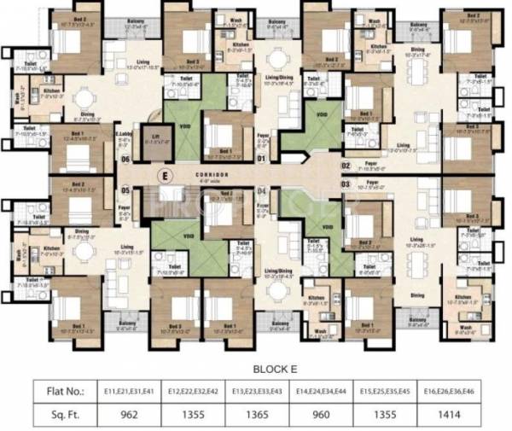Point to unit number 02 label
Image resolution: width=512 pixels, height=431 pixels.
click(x=346, y=166)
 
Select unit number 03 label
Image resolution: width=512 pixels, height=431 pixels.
click(x=346, y=183)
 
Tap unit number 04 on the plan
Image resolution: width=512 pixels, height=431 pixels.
click(x=263, y=190)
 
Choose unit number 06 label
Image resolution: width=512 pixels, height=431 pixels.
click(x=125, y=160)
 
